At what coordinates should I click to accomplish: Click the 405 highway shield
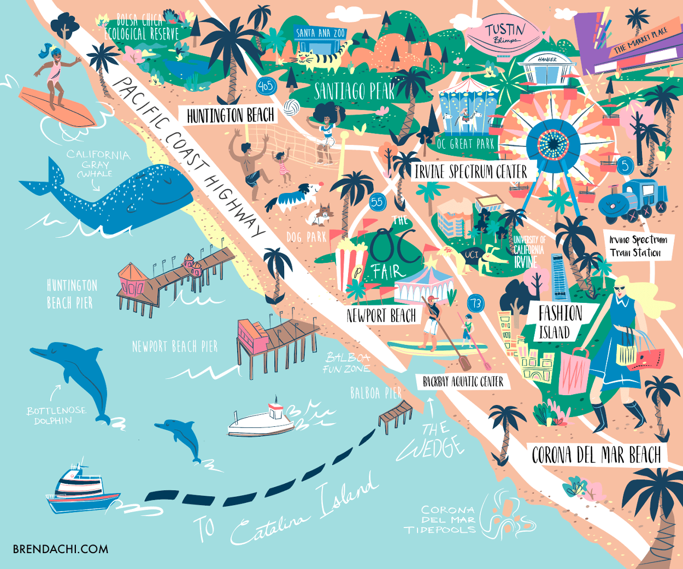[266, 86]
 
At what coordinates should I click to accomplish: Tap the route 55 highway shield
[377, 202]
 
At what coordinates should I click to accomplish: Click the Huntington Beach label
[230, 116]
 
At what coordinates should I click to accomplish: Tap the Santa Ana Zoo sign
[321, 33]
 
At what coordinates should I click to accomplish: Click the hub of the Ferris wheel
[553, 143]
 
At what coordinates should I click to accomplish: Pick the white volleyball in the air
[291, 107]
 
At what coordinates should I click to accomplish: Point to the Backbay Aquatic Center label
[463, 382]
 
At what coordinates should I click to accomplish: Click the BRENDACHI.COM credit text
[60, 549]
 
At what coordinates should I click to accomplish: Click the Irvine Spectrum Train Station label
[638, 246]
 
